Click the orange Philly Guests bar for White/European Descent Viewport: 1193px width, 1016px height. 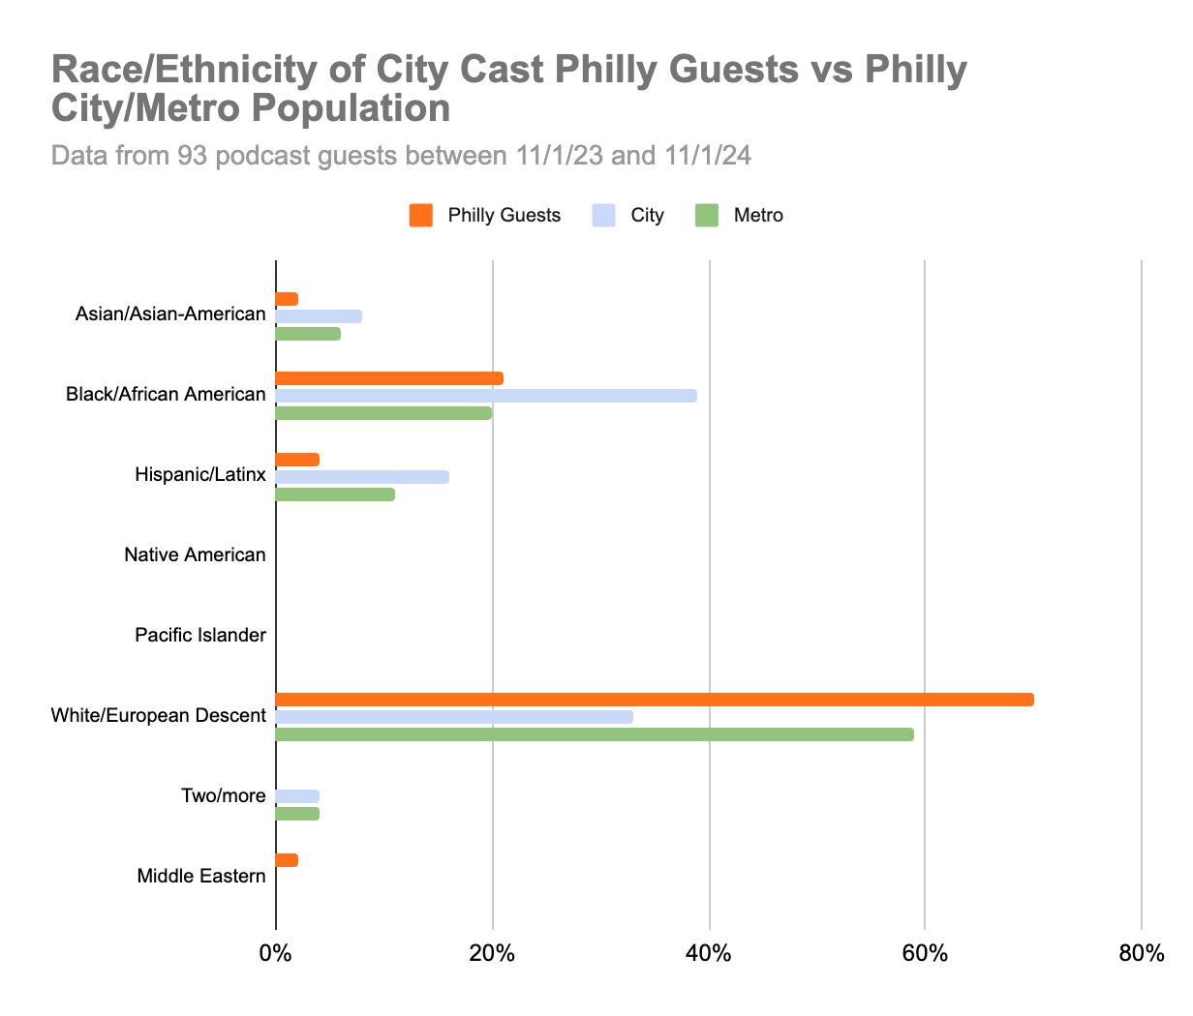(655, 700)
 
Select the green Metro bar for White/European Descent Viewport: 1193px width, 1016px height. (595, 734)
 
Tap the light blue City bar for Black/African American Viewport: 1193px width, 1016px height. (486, 396)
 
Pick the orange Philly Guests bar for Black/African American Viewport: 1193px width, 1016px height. (389, 378)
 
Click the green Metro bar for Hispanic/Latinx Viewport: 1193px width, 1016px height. (335, 494)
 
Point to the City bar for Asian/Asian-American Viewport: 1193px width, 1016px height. (319, 316)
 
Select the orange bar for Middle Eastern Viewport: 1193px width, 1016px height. (287, 860)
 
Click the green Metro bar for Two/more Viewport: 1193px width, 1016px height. (297, 814)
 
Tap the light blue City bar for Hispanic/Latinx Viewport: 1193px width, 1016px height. (362, 477)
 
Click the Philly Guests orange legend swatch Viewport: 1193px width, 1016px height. (421, 216)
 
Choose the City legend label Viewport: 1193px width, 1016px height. (647, 216)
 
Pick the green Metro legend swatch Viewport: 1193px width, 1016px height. (708, 216)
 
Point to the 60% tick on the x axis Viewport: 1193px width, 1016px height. (925, 954)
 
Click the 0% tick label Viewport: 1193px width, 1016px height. (276, 954)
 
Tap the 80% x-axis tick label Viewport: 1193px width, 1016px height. (1141, 954)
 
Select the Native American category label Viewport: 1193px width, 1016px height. (195, 555)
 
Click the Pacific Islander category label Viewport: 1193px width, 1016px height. (200, 636)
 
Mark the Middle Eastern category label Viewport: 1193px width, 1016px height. (201, 877)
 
